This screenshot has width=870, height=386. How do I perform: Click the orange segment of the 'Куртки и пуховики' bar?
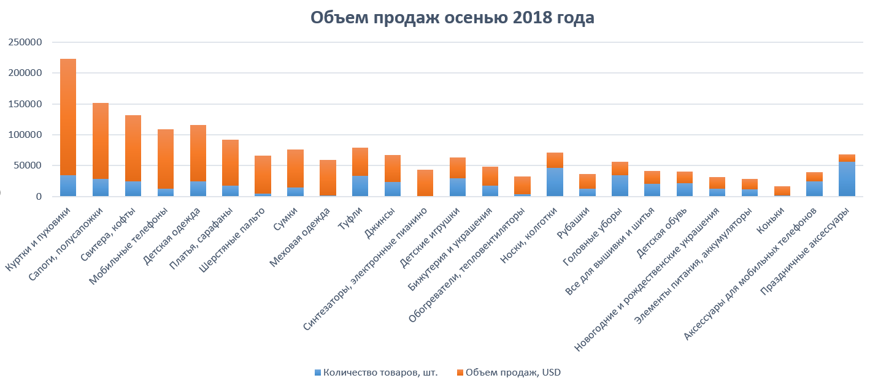(68, 116)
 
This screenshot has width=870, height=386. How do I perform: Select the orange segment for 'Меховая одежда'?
(328, 178)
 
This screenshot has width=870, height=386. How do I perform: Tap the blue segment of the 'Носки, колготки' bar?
(555, 182)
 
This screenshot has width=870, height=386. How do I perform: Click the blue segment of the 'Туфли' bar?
(360, 186)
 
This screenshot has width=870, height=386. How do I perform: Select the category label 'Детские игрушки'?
(437, 236)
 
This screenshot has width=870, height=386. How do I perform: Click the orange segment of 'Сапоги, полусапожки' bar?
(101, 141)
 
